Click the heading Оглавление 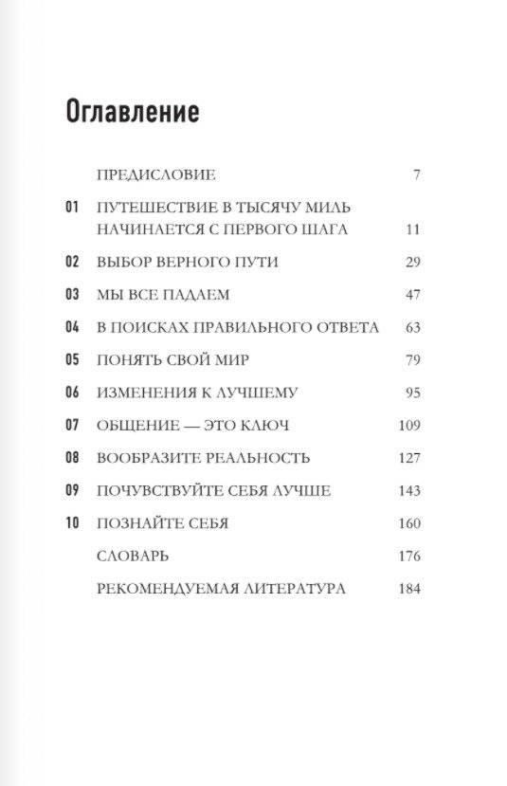[132, 111]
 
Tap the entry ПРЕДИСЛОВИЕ [156, 174]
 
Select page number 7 [416, 174]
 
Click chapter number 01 [73, 206]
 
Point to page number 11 [411, 229]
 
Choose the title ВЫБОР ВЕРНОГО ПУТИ [187, 261]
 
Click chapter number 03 [73, 294]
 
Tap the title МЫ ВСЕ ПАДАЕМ [163, 294]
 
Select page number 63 [411, 327]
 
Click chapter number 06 [73, 393]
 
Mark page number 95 [411, 393]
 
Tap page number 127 [408, 458]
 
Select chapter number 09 [73, 491]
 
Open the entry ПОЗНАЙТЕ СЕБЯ [163, 523]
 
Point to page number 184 [408, 589]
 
